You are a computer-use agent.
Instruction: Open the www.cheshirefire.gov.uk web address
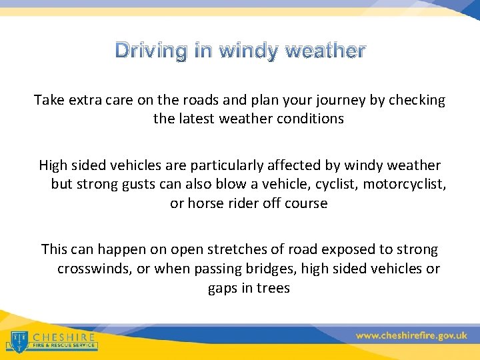[x=411, y=335]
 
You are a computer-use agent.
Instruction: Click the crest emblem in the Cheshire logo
[x=18, y=341]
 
